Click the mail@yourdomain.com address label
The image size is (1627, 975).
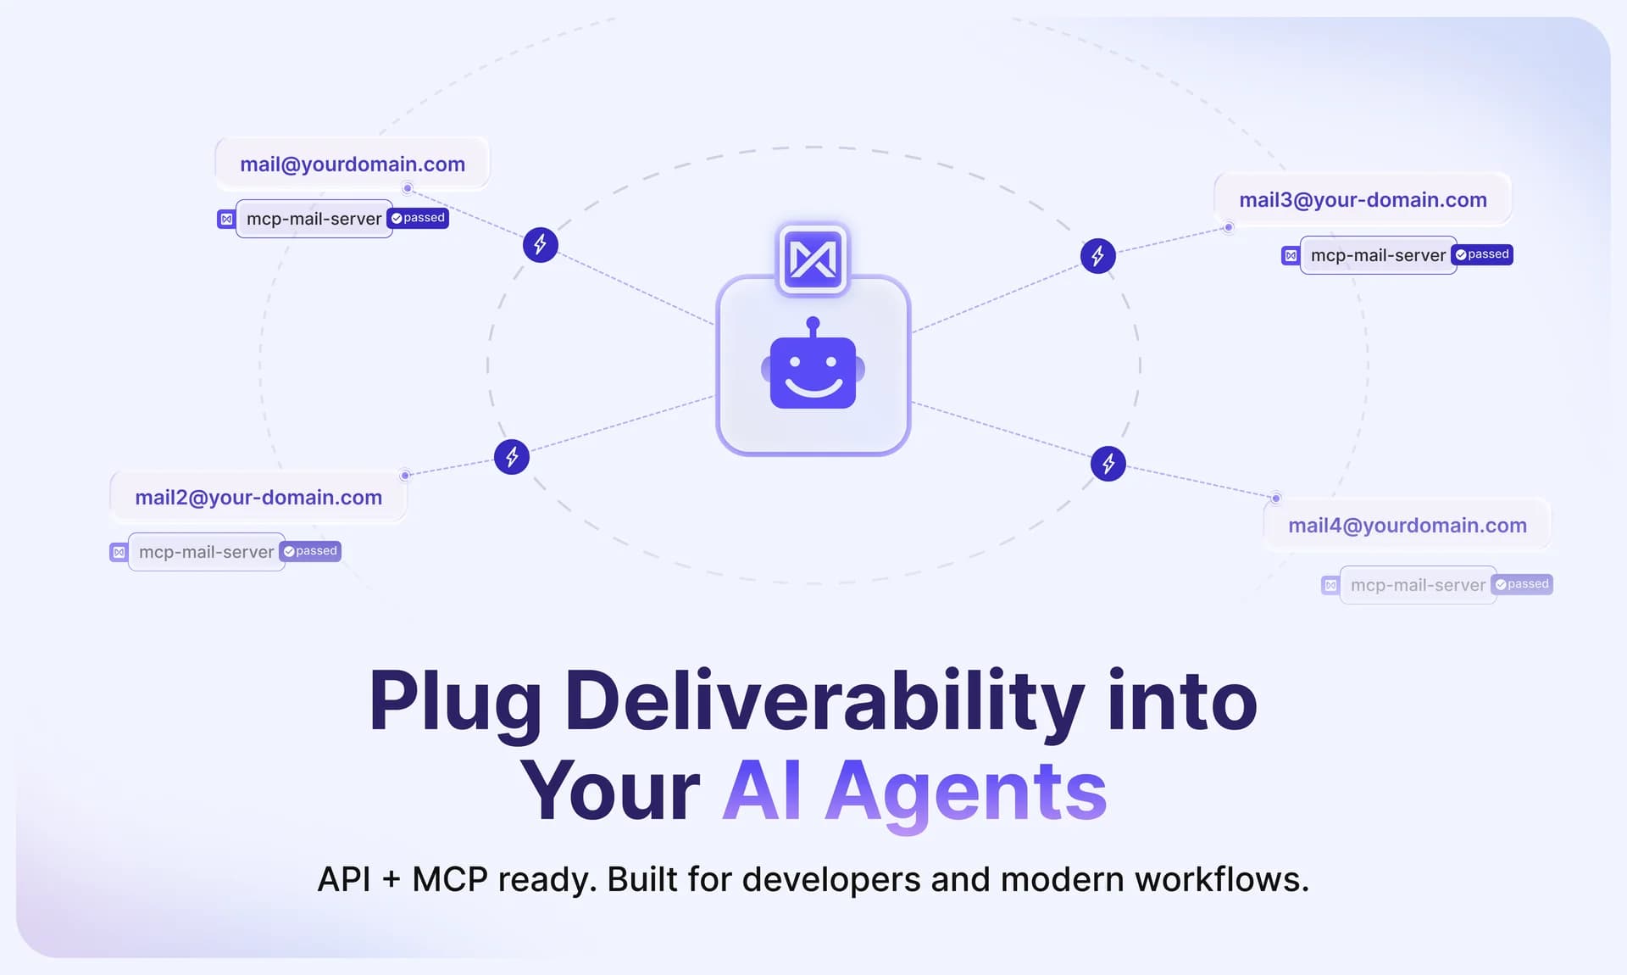pyautogui.click(x=353, y=164)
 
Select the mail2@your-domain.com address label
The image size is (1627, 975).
pyautogui.click(x=258, y=497)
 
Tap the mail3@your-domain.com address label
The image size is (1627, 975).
pyautogui.click(x=1363, y=199)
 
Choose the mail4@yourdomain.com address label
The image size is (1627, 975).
pyautogui.click(x=1408, y=525)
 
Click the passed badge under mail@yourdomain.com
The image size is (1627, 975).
pyautogui.click(x=418, y=218)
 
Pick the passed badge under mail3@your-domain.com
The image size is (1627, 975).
pyautogui.click(x=1482, y=254)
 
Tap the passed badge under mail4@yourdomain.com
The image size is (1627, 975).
pyautogui.click(x=1522, y=584)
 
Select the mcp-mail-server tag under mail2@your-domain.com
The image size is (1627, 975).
pyautogui.click(x=207, y=552)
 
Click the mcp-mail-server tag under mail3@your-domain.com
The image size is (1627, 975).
pyautogui.click(x=1379, y=255)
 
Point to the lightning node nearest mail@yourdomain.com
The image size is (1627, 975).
pyautogui.click(x=541, y=245)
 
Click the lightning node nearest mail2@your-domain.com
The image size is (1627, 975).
pyautogui.click(x=512, y=457)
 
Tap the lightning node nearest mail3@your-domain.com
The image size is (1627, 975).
pyautogui.click(x=1098, y=255)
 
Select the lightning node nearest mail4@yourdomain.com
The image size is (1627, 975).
pyautogui.click(x=1108, y=463)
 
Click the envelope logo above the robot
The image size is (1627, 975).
pyautogui.click(x=813, y=259)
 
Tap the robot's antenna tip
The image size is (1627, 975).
pyautogui.click(x=813, y=322)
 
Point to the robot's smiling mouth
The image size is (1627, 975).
pyautogui.click(x=813, y=387)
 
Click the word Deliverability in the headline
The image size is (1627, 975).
pyautogui.click(x=825, y=703)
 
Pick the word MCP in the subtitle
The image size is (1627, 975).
pyautogui.click(x=450, y=879)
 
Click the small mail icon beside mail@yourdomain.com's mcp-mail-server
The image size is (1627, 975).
pyautogui.click(x=226, y=220)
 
